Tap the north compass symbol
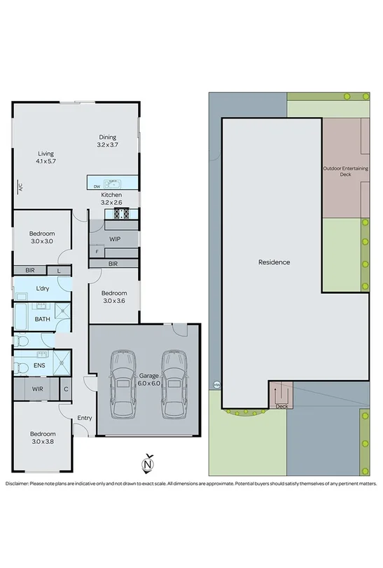tap(147, 464)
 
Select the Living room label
tap(46, 158)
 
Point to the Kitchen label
tap(111, 198)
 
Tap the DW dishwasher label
tap(96, 186)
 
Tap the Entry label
tap(85, 419)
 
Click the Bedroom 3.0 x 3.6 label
tap(114, 297)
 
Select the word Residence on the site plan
tap(274, 262)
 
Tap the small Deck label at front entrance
tap(281, 406)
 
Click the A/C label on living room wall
tap(21, 187)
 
